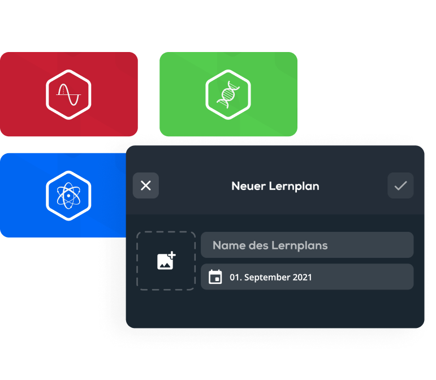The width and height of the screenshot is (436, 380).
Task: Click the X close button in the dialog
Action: tap(146, 185)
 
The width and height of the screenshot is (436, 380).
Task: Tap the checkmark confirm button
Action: tap(400, 185)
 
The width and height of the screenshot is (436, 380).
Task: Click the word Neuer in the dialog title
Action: tap(249, 186)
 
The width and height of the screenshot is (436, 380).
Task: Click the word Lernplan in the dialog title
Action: tap(294, 187)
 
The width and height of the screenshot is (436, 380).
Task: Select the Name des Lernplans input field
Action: tap(307, 245)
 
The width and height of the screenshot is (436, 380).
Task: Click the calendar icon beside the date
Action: tap(215, 277)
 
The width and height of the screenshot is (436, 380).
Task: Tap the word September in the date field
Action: tap(266, 278)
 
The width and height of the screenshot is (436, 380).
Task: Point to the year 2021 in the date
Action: tap(302, 277)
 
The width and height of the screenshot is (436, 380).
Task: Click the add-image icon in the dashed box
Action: tap(166, 261)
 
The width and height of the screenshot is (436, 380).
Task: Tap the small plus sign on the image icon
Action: tap(171, 254)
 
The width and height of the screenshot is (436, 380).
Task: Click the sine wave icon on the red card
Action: tap(68, 95)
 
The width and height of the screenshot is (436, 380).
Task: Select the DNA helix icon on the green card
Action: tap(228, 94)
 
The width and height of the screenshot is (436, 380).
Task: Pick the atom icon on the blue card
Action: tap(68, 196)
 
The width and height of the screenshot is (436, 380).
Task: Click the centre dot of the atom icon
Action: tap(68, 196)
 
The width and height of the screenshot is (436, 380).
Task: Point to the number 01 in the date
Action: tap(235, 277)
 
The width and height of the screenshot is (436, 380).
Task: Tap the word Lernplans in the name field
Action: tap(300, 246)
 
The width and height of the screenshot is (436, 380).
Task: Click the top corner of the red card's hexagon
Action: tap(68, 70)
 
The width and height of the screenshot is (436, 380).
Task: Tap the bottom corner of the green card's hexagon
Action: tap(228, 119)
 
